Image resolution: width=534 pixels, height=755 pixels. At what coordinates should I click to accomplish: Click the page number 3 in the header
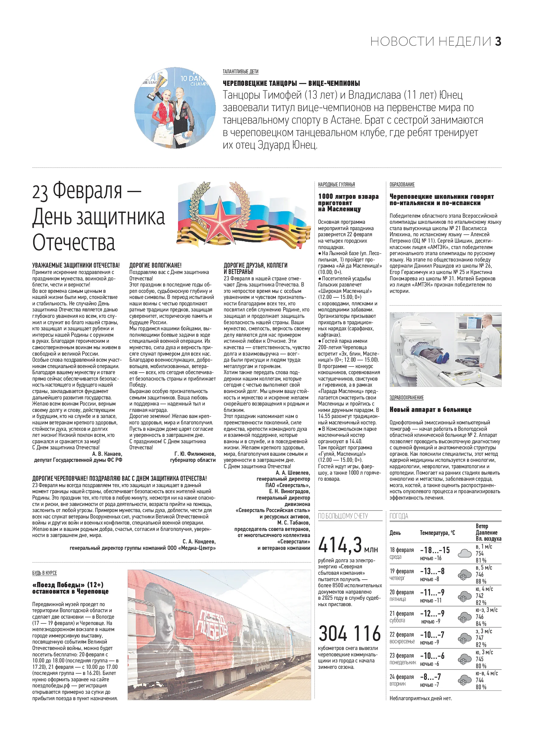[x=498, y=42]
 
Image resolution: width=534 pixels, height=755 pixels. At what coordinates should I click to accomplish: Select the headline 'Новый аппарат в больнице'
[x=430, y=410]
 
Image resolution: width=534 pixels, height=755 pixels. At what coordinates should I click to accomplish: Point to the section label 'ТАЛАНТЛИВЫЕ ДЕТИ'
[x=241, y=72]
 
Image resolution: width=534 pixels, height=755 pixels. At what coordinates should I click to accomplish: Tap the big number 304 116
[x=349, y=634]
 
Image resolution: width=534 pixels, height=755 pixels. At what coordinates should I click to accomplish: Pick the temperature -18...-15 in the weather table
[x=435, y=550]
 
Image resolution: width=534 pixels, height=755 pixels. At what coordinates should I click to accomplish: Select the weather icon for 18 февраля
[x=464, y=553]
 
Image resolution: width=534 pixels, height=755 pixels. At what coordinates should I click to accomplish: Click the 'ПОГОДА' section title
[x=399, y=516]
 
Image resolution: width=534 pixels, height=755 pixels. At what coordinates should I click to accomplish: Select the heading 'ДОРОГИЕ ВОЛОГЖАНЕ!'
[x=155, y=265]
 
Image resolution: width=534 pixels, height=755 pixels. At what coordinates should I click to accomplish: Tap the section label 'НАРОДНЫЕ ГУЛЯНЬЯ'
[x=336, y=185]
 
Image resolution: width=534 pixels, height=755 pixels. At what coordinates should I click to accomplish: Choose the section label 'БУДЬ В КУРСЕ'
[x=44, y=573]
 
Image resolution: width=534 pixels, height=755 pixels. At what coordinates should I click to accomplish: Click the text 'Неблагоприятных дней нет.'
[x=420, y=698]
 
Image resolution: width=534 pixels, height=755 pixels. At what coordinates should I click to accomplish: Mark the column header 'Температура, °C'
[x=437, y=533]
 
